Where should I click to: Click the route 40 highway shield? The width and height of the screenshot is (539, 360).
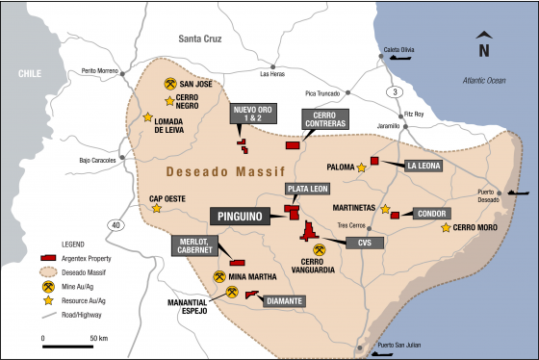coord(116,225)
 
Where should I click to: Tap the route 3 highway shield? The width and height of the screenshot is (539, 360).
coord(394,90)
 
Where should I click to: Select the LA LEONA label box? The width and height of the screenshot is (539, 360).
coord(424,165)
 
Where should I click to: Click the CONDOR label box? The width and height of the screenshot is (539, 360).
coord(432,214)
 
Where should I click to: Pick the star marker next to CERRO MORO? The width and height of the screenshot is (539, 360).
coord(445,228)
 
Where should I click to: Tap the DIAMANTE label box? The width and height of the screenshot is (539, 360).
coord(287,300)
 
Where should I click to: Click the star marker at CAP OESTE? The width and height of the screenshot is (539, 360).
coord(156,208)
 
